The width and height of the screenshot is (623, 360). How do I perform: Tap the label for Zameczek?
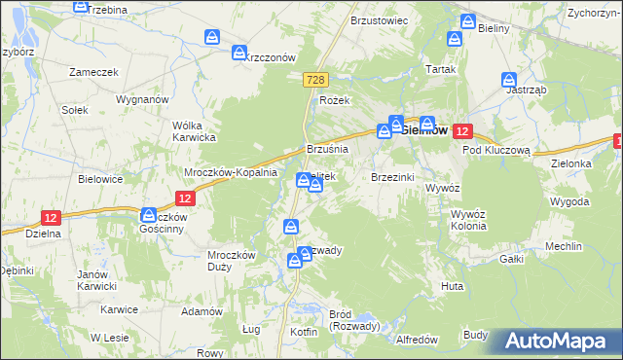pyautogui.click(x=93, y=72)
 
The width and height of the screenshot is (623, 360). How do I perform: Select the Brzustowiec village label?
pyautogui.click(x=379, y=19)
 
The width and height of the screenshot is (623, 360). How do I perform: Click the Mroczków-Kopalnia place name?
pyautogui.click(x=232, y=172)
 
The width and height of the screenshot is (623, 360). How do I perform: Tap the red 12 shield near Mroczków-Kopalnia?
pyautogui.click(x=188, y=198)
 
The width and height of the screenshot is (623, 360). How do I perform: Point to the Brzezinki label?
pyautogui.click(x=393, y=177)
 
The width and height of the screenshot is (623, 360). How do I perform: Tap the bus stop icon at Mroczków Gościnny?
pyautogui.click(x=149, y=215)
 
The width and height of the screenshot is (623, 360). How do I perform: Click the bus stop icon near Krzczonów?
pyautogui.click(x=238, y=54)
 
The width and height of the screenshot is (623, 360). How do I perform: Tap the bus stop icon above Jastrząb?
pyautogui.click(x=508, y=80)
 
